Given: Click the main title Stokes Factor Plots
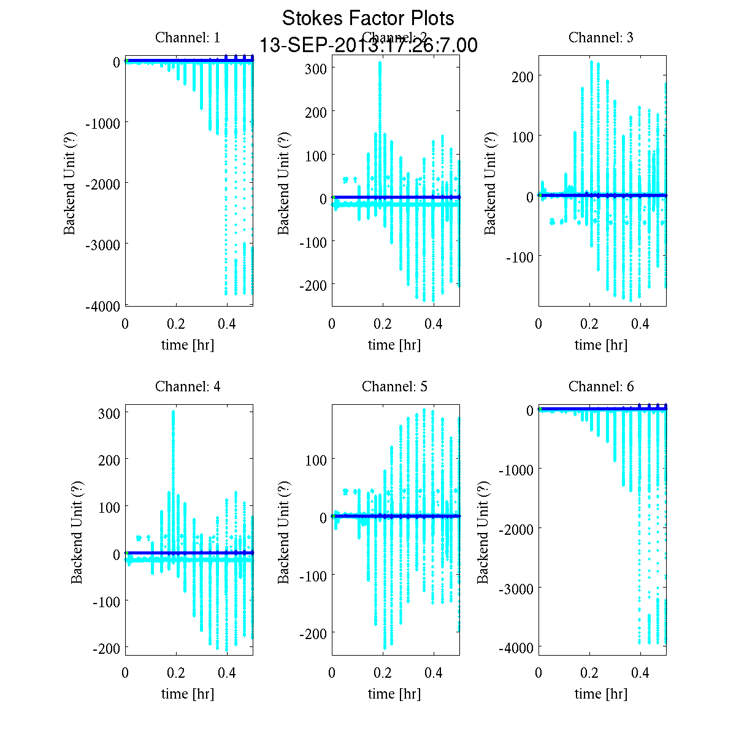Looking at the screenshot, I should (368, 18).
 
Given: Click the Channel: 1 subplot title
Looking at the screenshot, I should (188, 37).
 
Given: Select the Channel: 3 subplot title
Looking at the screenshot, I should (601, 37).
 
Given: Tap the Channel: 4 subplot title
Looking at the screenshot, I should (188, 386).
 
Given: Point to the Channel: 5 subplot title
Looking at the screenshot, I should (394, 386).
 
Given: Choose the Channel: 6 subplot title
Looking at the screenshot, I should (601, 386).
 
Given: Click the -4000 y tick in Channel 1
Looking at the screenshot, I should (104, 306).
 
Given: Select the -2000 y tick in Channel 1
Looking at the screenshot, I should (104, 183).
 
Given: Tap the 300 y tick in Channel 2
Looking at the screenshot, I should (316, 67).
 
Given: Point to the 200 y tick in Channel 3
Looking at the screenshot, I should (523, 76).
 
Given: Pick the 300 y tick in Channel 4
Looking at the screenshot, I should (109, 413).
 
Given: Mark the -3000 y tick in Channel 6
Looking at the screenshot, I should (517, 588).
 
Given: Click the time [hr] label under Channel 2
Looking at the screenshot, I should (394, 345).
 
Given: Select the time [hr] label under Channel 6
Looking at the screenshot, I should (601, 694).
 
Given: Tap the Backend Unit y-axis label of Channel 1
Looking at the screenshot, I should (70, 183).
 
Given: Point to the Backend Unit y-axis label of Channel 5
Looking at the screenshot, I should (283, 532).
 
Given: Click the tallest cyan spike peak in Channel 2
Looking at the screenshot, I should (380, 62).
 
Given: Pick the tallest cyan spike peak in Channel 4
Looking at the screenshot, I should (174, 411).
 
